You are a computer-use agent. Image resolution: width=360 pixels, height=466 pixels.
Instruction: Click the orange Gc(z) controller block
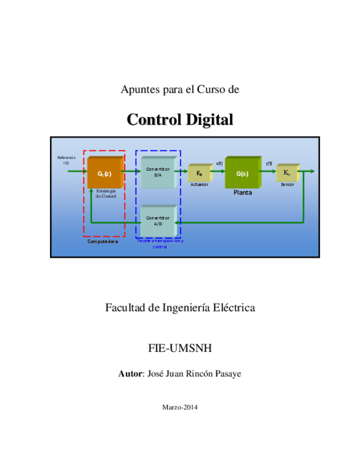[x=104, y=173]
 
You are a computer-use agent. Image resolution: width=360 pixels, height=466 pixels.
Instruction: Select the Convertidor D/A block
[x=158, y=172]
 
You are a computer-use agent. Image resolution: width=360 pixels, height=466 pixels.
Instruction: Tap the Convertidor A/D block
[x=158, y=220]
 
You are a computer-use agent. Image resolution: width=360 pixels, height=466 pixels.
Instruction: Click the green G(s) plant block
[x=242, y=173]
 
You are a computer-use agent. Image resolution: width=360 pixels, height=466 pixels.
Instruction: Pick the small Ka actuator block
[x=199, y=173]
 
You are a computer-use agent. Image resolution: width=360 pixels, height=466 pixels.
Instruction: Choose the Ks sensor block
[x=287, y=173]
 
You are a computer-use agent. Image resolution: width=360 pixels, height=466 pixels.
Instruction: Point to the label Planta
[x=243, y=193]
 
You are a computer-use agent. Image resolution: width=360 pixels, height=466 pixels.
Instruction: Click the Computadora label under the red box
[x=103, y=241]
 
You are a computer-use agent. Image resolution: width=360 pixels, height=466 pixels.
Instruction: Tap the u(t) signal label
[x=219, y=163]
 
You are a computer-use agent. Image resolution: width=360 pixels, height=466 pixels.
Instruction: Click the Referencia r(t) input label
[x=66, y=160]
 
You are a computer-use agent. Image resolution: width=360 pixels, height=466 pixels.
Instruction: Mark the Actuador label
[x=199, y=185]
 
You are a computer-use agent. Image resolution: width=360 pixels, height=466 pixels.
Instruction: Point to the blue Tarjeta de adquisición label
[x=160, y=244]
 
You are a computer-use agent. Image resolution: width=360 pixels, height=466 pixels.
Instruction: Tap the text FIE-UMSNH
[x=180, y=348]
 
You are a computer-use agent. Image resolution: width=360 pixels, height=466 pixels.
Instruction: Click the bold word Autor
[x=130, y=374]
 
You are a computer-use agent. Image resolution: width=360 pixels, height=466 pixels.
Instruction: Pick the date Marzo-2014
[x=180, y=407]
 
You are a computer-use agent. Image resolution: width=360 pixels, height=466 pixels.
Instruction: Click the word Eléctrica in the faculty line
[x=236, y=308]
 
